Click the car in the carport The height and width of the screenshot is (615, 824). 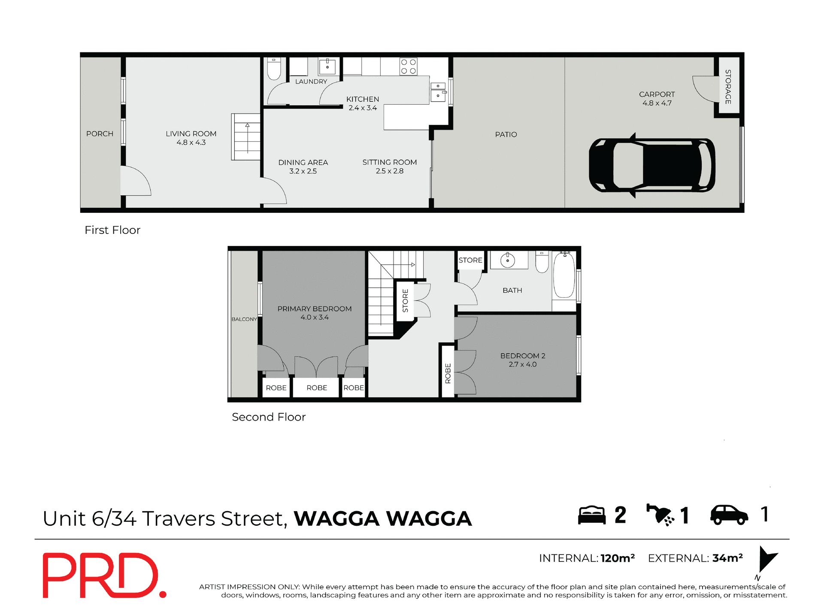pyautogui.click(x=651, y=165)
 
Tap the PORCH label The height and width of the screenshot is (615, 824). pyautogui.click(x=100, y=134)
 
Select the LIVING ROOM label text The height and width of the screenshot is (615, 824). pyautogui.click(x=191, y=134)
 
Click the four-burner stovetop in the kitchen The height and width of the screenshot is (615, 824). pyautogui.click(x=408, y=67)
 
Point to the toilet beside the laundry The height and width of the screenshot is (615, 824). pyautogui.click(x=274, y=69)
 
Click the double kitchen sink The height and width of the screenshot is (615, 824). pyautogui.click(x=438, y=91)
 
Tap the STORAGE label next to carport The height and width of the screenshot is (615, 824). pyautogui.click(x=728, y=87)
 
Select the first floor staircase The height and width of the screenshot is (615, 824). pyautogui.click(x=246, y=137)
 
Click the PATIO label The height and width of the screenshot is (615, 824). pyautogui.click(x=506, y=135)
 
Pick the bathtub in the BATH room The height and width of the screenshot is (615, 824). pyautogui.click(x=564, y=276)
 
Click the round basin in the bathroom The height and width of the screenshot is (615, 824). pyautogui.click(x=508, y=261)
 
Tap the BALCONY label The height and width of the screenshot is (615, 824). pyautogui.click(x=244, y=319)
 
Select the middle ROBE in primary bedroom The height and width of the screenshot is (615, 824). pyautogui.click(x=317, y=388)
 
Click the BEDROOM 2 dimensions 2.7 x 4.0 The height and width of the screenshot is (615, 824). pyautogui.click(x=522, y=365)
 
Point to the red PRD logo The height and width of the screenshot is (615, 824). pyautogui.click(x=103, y=576)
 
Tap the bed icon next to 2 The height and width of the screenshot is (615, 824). pyautogui.click(x=591, y=515)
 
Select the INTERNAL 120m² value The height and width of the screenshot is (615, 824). pyautogui.click(x=617, y=558)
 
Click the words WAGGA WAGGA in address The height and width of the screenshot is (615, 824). pyautogui.click(x=383, y=518)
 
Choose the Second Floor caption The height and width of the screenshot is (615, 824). pyautogui.click(x=269, y=417)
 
